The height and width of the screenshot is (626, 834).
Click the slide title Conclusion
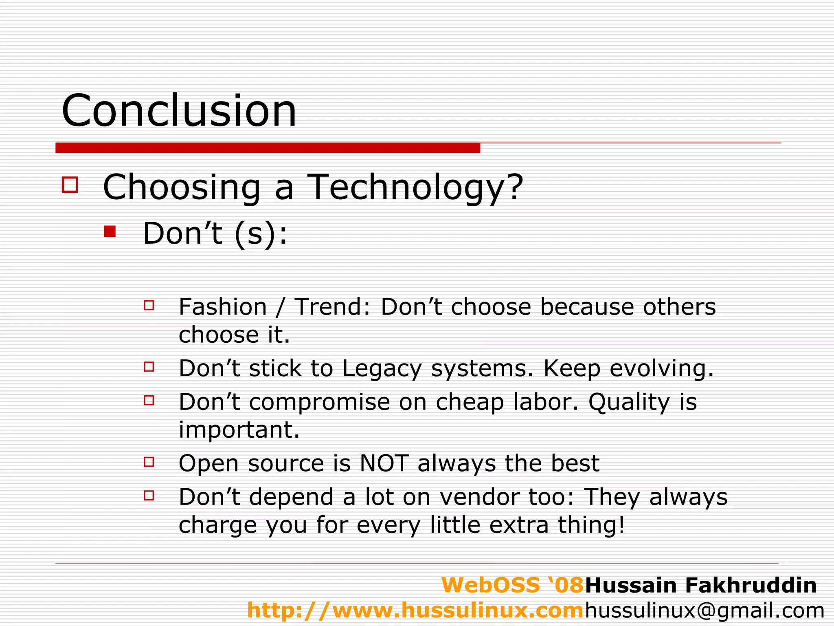[179, 111]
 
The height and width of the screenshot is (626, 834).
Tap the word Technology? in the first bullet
[415, 187]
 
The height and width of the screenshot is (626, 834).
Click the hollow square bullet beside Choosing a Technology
[70, 184]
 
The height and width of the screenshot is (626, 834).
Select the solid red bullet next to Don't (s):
[110, 231]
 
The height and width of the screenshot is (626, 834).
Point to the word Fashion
[223, 307]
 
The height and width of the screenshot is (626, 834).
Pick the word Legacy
[382, 369]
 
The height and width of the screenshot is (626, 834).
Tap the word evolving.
[662, 369]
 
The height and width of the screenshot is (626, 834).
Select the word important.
[239, 430]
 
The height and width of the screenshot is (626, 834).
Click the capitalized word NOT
[384, 463]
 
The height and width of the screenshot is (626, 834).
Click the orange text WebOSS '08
[513, 585]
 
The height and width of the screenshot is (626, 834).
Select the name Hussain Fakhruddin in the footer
[701, 585]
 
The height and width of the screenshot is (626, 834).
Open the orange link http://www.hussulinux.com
[415, 611]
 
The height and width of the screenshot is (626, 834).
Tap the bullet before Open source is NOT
[149, 462]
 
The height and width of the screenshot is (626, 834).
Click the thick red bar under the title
[268, 148]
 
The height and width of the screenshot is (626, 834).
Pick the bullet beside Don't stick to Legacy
[149, 367]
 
